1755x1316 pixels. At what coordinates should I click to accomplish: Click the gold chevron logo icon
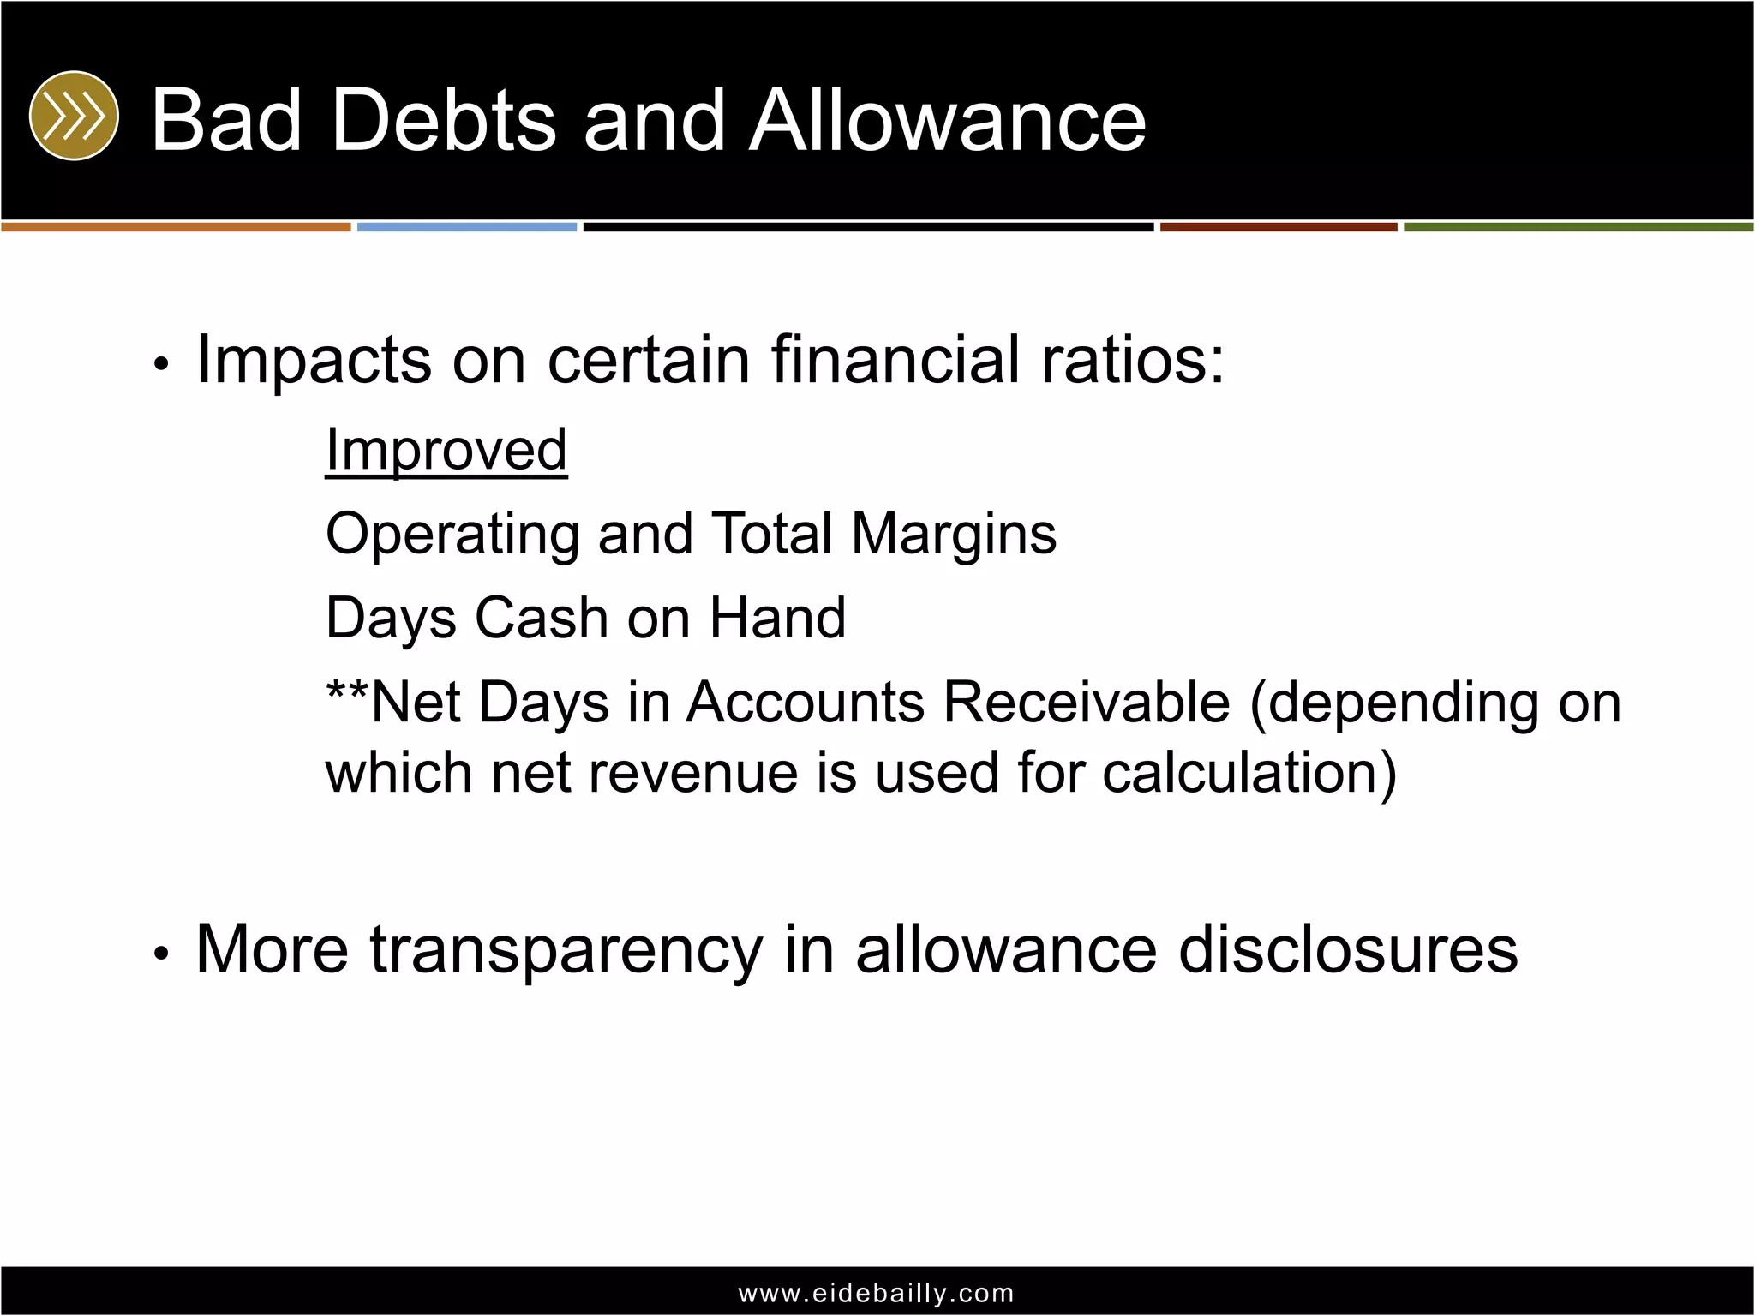point(74,116)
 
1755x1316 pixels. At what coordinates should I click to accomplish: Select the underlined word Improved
point(446,450)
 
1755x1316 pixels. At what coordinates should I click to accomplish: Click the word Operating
point(452,535)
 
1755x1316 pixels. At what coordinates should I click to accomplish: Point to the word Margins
point(953,533)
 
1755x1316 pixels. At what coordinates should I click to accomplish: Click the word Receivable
point(1087,703)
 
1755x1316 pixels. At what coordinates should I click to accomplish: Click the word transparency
point(566,951)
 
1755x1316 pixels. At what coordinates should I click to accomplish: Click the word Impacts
point(314,360)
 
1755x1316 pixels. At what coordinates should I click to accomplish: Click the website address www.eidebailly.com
point(877,1293)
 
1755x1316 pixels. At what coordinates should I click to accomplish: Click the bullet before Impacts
point(160,364)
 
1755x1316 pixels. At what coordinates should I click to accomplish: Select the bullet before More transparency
point(160,953)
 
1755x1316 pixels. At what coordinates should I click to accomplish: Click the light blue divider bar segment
point(467,227)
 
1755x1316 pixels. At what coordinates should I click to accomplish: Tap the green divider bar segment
point(1578,227)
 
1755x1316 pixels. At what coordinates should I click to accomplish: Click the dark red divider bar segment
point(1279,227)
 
